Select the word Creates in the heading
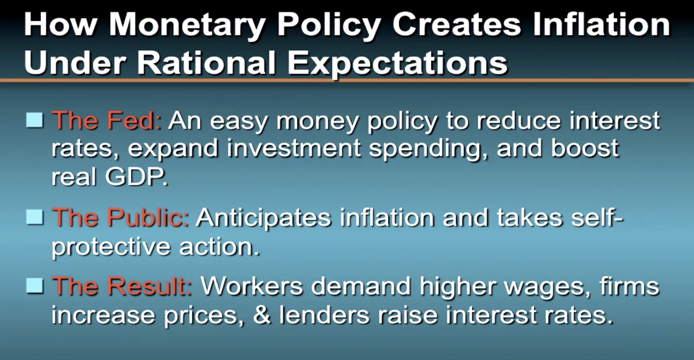click(x=457, y=25)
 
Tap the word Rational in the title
click(x=207, y=62)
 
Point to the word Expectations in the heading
click(x=398, y=65)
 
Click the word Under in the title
click(x=75, y=62)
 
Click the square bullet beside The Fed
click(x=34, y=120)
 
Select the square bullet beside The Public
click(x=34, y=217)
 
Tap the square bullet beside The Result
click(x=34, y=285)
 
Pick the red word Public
click(x=148, y=217)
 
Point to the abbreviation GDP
click(x=136, y=177)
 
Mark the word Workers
click(x=251, y=286)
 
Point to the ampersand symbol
click(x=262, y=314)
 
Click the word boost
click(x=585, y=148)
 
